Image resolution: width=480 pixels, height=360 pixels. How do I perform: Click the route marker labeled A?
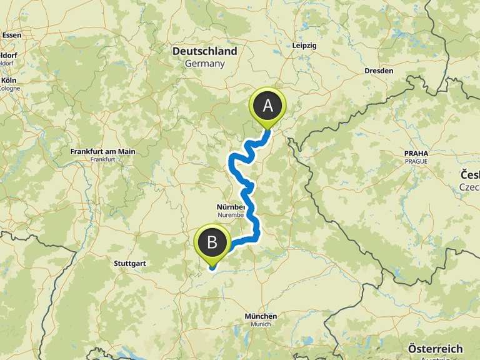[267, 106]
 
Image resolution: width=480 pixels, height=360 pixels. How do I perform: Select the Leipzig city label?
[304, 46]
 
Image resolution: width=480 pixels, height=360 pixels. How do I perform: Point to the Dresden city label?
[379, 71]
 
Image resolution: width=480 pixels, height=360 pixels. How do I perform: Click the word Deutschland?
[204, 51]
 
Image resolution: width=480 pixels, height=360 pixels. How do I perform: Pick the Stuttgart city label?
[130, 264]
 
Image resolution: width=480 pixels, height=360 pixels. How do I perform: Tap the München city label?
[261, 316]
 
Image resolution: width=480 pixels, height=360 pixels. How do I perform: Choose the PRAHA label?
[416, 152]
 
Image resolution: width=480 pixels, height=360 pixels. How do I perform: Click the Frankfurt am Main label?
[102, 151]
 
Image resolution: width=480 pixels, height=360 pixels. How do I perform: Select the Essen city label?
[11, 35]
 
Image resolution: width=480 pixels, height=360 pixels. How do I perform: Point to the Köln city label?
[9, 81]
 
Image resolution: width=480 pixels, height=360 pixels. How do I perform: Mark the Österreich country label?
[435, 349]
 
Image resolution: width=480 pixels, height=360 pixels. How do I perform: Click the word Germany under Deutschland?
[204, 64]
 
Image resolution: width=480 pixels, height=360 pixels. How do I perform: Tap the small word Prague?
[416, 161]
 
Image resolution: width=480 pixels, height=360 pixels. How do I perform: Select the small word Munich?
[261, 324]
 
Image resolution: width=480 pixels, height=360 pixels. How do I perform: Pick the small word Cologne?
[9, 88]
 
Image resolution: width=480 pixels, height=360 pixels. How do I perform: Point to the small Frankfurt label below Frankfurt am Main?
[102, 159]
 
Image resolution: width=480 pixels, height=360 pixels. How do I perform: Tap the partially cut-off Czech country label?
[470, 176]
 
